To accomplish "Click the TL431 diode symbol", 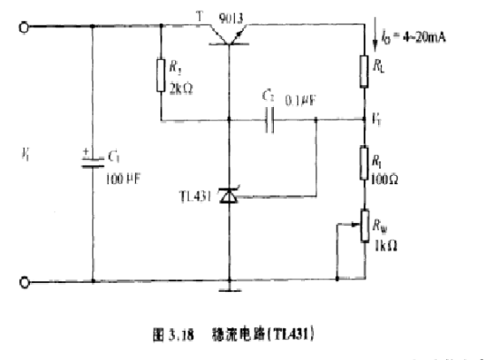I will [x=228, y=194].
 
